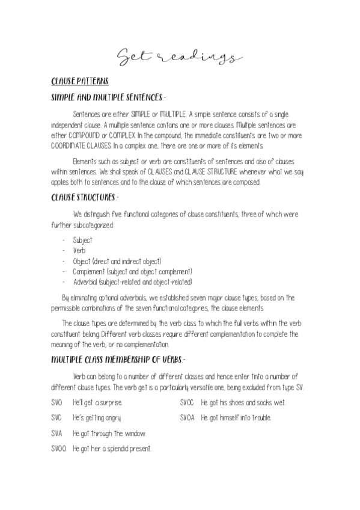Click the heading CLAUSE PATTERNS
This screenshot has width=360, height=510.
(79, 82)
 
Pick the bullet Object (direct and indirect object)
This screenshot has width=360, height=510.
(117, 260)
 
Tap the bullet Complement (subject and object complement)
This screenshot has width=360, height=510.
(133, 271)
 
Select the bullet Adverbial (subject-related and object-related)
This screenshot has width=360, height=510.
(133, 281)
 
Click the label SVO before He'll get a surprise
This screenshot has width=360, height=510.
(56, 401)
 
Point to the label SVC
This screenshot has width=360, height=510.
(56, 417)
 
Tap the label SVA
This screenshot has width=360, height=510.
(56, 432)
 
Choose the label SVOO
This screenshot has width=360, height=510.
(58, 448)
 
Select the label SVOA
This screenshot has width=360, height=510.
(188, 417)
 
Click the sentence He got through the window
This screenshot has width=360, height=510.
(109, 432)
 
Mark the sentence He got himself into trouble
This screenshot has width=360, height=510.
(236, 417)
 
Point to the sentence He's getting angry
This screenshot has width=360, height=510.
(97, 417)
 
